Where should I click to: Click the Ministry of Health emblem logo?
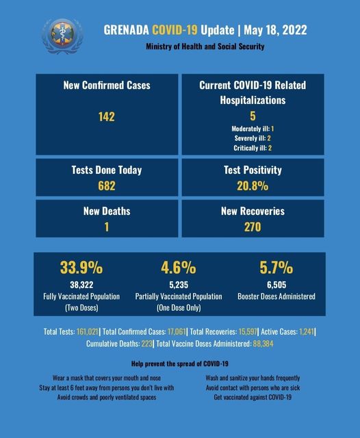pos(62,36)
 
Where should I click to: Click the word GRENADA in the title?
pos(126,30)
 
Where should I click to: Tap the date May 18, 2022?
pos(275,30)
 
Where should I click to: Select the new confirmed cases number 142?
pos(106,116)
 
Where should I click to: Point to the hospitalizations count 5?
pos(253,116)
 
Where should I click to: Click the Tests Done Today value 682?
pos(106,185)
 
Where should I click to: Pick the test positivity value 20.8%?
pos(253,185)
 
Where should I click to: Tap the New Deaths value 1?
pos(107,227)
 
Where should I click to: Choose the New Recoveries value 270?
pos(253,227)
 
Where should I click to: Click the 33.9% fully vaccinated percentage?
pos(81,268)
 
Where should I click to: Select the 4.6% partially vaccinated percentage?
pos(179,268)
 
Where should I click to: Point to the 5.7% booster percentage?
pos(277,268)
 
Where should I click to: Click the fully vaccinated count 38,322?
pos(81,285)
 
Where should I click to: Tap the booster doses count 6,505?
pos(277,285)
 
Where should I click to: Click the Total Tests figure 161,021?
pos(88,331)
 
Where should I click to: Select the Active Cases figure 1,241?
pos(307,331)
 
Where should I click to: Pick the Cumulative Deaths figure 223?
pos(146,344)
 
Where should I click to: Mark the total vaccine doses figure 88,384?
pos(263,344)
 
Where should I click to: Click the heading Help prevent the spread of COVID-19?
pos(180,363)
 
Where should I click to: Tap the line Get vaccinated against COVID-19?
pos(253,397)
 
